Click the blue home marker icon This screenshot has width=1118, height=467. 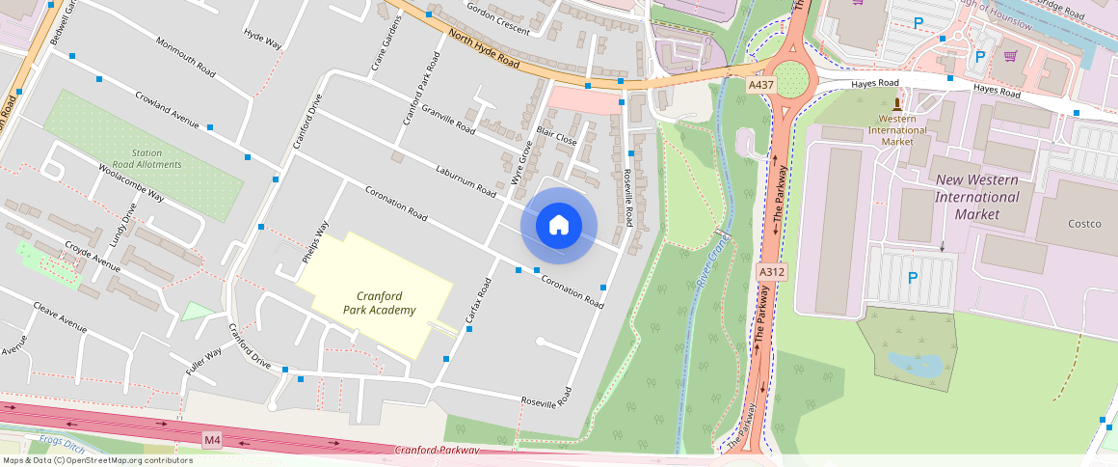[559, 226]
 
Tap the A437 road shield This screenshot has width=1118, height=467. [762, 85]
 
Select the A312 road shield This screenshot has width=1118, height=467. [772, 272]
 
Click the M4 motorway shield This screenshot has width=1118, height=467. [213, 440]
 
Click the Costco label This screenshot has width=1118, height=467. [1084, 224]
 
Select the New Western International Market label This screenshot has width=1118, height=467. [976, 197]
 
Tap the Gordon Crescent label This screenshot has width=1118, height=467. [498, 18]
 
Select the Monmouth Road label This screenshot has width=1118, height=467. [185, 55]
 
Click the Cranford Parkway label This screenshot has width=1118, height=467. [437, 451]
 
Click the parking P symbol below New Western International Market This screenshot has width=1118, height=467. [913, 278]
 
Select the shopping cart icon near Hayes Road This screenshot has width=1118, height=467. [1010, 55]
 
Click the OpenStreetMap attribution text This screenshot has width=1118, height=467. [96, 460]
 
